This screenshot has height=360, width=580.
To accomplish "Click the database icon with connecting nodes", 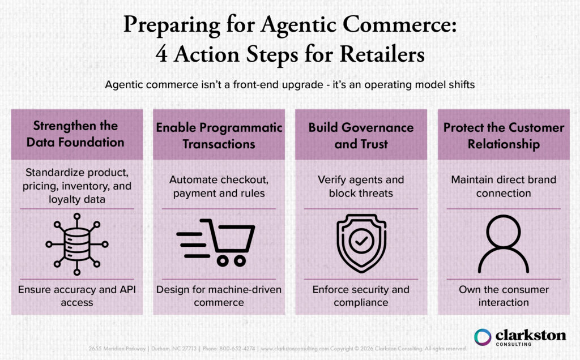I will (76, 243).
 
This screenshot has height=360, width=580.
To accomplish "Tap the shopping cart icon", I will (217, 242).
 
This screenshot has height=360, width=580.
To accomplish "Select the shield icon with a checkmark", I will (361, 243).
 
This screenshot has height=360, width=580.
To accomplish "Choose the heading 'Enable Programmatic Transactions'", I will (219, 135).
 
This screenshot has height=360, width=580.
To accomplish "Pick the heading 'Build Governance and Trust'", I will (361, 135).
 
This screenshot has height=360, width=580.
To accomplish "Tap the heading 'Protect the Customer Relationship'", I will (504, 135).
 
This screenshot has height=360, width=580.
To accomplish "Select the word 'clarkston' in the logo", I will (531, 335).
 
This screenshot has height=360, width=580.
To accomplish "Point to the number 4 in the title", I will (160, 57).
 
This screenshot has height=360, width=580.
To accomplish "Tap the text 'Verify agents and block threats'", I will (361, 186).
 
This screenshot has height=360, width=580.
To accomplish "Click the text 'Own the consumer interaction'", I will (504, 295).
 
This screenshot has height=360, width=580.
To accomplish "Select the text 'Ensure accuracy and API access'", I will (76, 295).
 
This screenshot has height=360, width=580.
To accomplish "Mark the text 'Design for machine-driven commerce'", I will (219, 295).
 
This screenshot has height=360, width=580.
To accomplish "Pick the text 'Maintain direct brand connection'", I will (504, 186).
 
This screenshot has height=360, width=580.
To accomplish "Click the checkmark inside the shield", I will (361, 242).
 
